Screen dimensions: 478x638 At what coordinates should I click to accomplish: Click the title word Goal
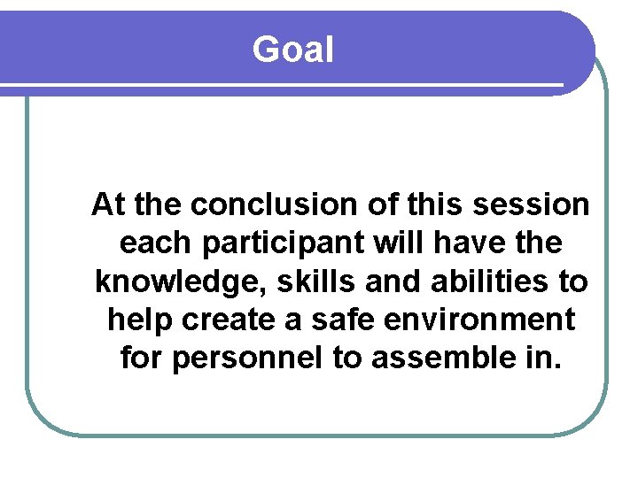[292, 50]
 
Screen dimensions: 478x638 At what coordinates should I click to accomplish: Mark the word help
[140, 320]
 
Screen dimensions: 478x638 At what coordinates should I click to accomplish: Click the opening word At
[107, 205]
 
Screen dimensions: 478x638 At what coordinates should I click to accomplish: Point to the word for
[141, 359]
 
